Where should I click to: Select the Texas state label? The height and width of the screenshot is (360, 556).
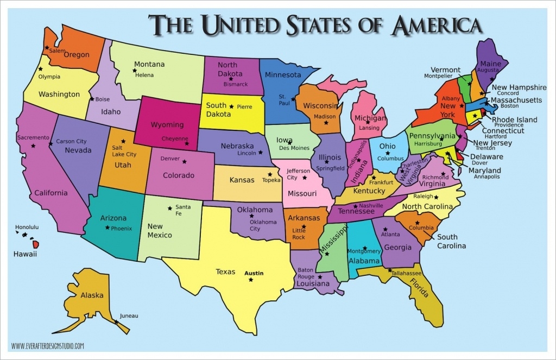coord(225,271)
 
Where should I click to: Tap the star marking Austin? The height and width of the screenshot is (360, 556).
coord(251,280)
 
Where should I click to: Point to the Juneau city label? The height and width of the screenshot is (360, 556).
coord(129,315)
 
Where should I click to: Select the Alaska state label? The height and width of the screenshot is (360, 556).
coord(92,295)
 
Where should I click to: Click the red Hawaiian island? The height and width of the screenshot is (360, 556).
coord(36,244)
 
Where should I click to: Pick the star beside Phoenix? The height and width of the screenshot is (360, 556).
coord(108,228)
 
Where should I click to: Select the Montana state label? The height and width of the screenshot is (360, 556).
coord(149,64)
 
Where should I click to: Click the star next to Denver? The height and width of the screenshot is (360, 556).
coord(185,161)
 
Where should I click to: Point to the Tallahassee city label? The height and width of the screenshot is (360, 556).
coord(407,273)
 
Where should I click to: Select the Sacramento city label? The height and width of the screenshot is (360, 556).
coord(33,137)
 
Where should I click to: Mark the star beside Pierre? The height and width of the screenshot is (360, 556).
coord(232,106)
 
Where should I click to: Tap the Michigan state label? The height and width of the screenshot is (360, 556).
coord(370,118)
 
